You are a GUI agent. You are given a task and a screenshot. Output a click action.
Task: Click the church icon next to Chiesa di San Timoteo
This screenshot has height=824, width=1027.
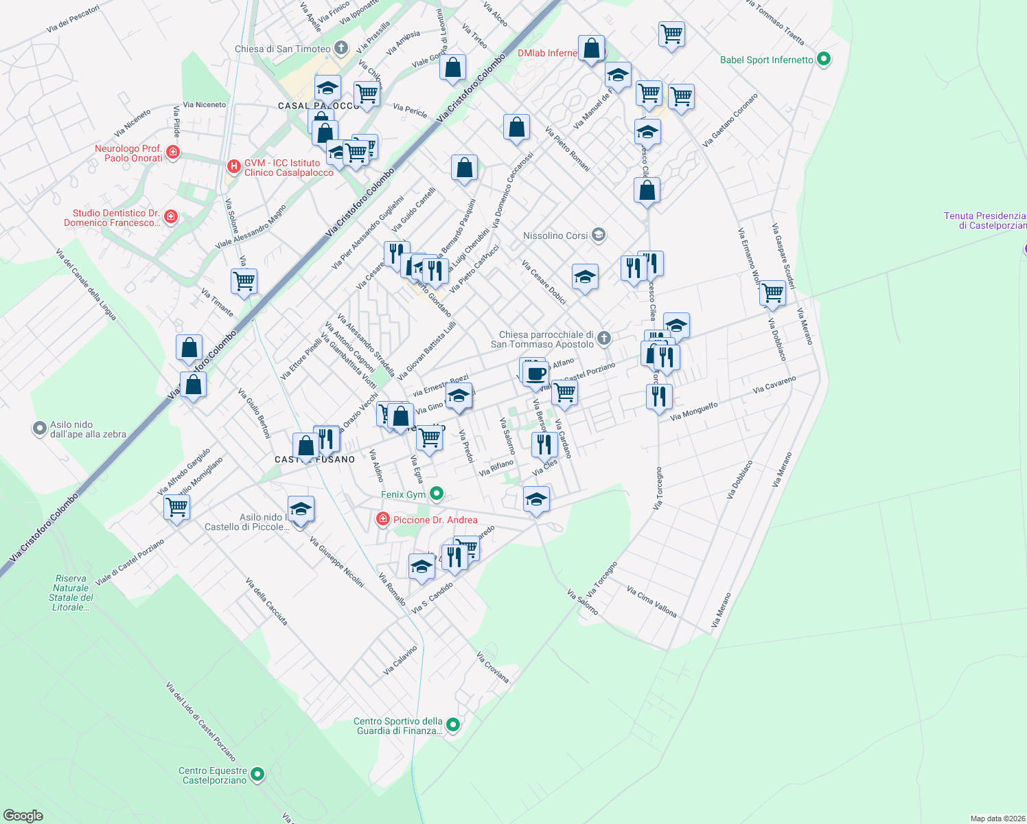click(x=341, y=48)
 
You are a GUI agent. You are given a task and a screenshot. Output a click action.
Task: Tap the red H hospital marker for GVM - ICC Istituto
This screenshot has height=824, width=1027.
click(x=234, y=166)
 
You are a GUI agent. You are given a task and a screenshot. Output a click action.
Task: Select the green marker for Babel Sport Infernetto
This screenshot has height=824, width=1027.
click(x=824, y=60)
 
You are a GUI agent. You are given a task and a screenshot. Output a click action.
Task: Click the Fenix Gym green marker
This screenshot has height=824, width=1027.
click(x=436, y=494)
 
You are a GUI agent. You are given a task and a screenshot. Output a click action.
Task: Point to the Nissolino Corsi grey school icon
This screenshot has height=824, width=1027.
click(x=599, y=236)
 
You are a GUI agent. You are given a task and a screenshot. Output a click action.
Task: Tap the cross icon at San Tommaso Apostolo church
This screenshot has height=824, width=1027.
click(x=603, y=338)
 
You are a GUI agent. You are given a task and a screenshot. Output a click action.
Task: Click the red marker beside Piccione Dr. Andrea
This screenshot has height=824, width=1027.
click(x=382, y=520)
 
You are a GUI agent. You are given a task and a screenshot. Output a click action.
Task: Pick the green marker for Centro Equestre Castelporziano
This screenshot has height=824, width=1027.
click(x=257, y=775)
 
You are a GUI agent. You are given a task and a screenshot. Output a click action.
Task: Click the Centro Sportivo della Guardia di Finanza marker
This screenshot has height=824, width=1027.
click(x=453, y=724)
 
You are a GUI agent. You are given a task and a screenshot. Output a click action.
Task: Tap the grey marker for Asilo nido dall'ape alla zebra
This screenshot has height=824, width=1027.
click(x=40, y=429)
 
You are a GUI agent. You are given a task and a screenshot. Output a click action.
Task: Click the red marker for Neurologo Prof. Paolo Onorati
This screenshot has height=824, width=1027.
click(x=173, y=152)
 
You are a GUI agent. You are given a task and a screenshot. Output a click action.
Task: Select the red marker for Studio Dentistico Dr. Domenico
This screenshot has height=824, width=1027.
click(x=171, y=217)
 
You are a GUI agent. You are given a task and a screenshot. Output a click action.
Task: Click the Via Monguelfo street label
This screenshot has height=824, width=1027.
click(x=693, y=411)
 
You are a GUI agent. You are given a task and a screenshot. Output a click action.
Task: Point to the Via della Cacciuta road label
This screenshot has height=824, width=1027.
click(x=266, y=602)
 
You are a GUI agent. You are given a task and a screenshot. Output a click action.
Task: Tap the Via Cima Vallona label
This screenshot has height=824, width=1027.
click(x=651, y=602)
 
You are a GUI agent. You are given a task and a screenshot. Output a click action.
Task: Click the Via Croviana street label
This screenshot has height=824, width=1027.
click(x=493, y=667)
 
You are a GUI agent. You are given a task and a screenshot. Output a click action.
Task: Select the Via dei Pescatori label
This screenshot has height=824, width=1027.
click(x=73, y=19)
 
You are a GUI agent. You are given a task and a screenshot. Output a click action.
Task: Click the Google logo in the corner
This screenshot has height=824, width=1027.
click(x=23, y=816)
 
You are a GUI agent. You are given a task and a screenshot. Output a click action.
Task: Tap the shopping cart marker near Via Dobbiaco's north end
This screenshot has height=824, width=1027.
click(x=772, y=293)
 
